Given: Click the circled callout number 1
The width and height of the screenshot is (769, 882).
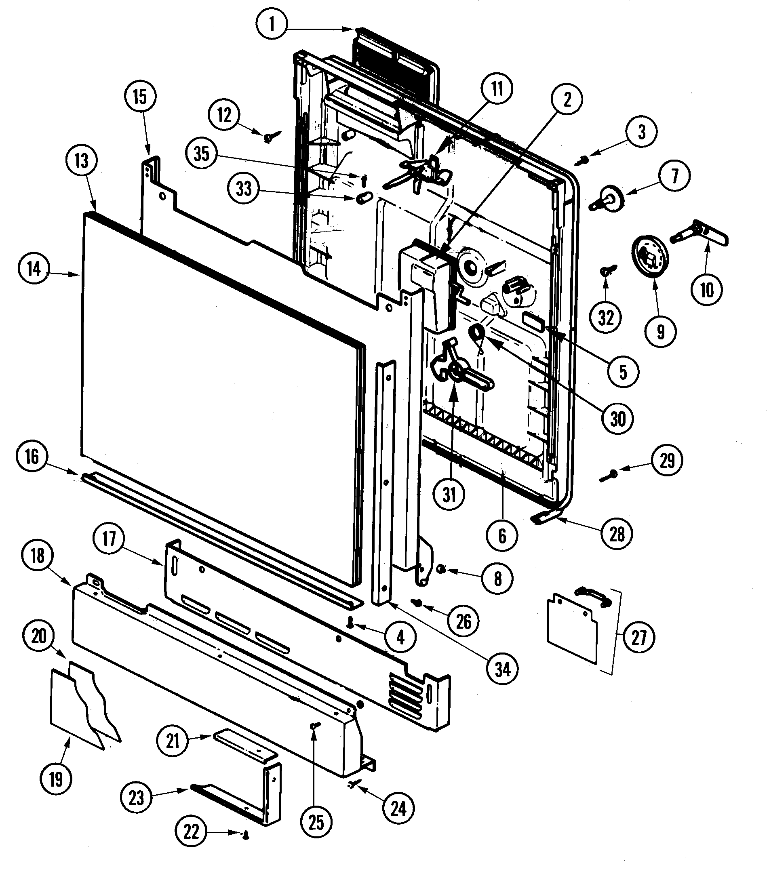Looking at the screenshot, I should pyautogui.click(x=272, y=24).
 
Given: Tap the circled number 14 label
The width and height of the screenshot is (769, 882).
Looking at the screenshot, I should pyautogui.click(x=34, y=269).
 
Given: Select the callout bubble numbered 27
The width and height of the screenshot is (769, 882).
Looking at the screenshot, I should pyautogui.click(x=639, y=637).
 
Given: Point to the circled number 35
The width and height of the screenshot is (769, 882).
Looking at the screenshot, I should pyautogui.click(x=202, y=153).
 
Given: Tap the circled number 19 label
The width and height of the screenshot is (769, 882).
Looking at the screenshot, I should pyautogui.click(x=56, y=779).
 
